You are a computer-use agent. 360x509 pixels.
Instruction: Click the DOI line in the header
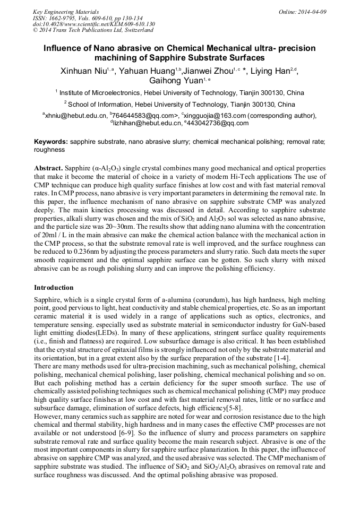94,24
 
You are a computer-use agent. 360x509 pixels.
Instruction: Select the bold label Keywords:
51,143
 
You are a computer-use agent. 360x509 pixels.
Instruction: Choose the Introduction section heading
54,288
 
